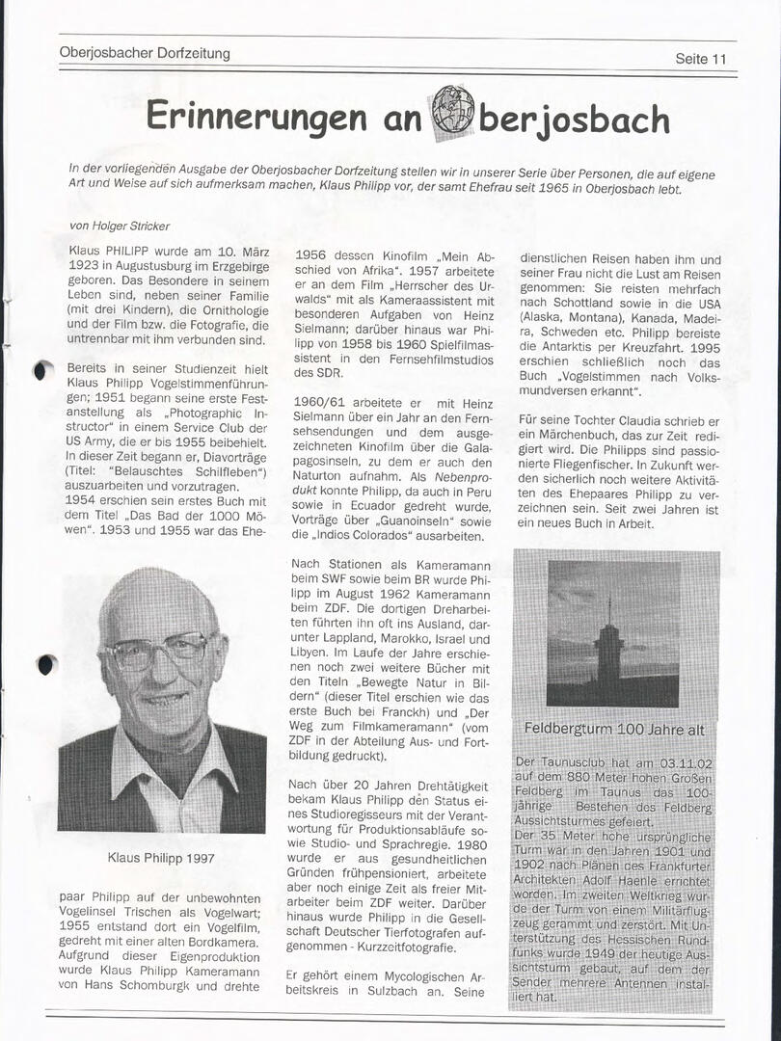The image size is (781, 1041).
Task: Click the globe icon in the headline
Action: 452,109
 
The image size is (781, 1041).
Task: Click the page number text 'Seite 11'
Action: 701,59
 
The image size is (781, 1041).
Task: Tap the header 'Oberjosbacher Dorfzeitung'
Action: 145,53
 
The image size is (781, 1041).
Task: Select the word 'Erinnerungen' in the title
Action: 256,117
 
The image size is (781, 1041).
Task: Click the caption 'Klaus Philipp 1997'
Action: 161,858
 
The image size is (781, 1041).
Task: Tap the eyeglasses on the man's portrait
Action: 157,653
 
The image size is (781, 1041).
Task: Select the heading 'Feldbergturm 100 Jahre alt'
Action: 614,728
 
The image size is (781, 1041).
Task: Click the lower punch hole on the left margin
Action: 45,664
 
